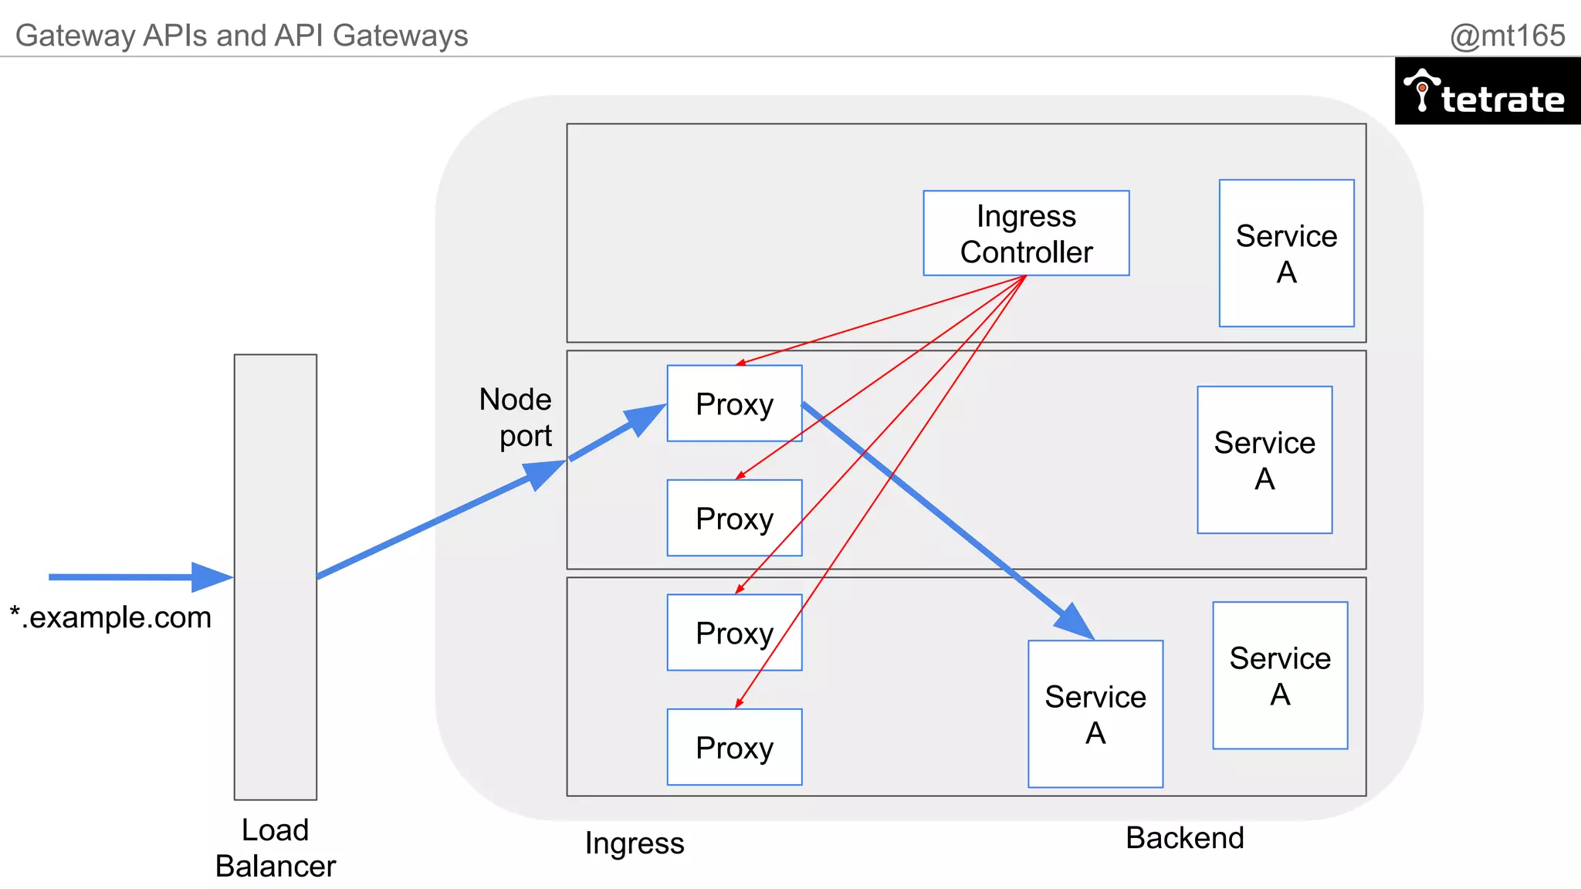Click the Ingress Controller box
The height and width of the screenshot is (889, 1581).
tap(1026, 233)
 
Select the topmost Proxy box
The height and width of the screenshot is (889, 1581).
tap(734, 404)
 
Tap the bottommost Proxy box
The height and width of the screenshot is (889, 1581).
tap(734, 747)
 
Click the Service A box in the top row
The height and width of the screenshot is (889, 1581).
tap(1286, 253)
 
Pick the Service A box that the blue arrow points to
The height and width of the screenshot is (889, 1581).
tap(1095, 714)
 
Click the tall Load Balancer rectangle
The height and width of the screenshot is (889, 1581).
tap(276, 576)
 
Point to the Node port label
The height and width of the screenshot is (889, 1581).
tap(516, 417)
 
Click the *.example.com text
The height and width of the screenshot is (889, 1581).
tap(110, 617)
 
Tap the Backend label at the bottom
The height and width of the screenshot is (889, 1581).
tap(1184, 838)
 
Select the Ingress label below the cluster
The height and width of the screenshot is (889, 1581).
tap(634, 843)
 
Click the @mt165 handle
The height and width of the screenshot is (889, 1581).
tap(1507, 35)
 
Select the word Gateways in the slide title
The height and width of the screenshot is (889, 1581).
tap(401, 35)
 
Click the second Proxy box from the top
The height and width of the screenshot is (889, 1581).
tap(734, 518)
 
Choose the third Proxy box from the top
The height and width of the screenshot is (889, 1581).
tap(734, 632)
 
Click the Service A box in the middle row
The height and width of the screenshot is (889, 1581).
tap(1264, 460)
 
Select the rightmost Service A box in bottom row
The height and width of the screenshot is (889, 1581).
tap(1279, 675)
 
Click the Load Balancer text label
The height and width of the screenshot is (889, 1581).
tap(276, 848)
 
